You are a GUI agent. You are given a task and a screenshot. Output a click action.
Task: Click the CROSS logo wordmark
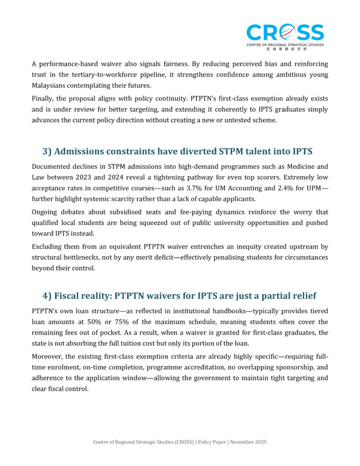(285, 33)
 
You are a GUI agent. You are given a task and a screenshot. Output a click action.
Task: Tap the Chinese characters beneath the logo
(285, 49)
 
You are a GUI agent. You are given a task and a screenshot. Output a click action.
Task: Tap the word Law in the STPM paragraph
(39, 177)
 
